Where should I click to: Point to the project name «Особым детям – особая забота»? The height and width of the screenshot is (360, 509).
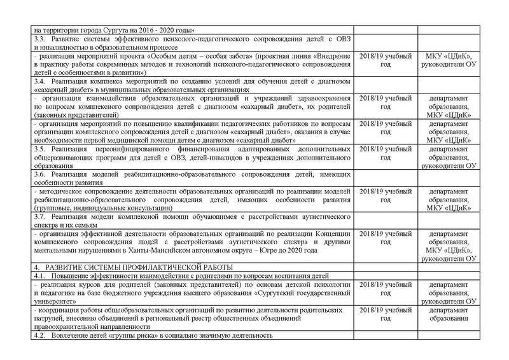click(178, 58)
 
